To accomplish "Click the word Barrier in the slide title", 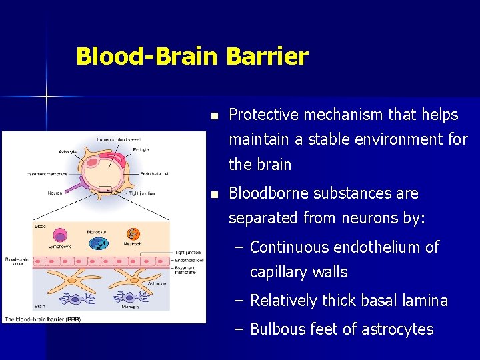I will coord(267,57).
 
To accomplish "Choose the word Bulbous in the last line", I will coord(278,329).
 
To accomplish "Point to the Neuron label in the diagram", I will coord(55,193).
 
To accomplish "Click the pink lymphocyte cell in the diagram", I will coord(61,235).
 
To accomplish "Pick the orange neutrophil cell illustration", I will coord(134,234).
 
